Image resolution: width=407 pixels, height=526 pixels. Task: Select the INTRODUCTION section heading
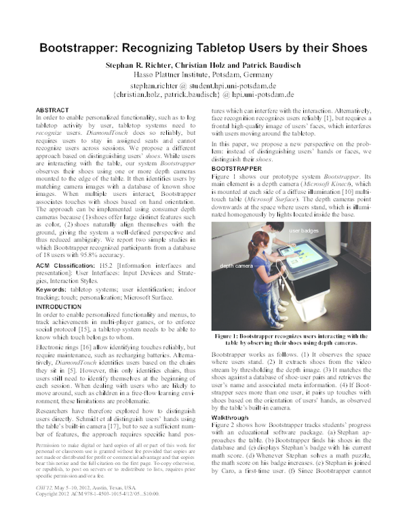point(60,306)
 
